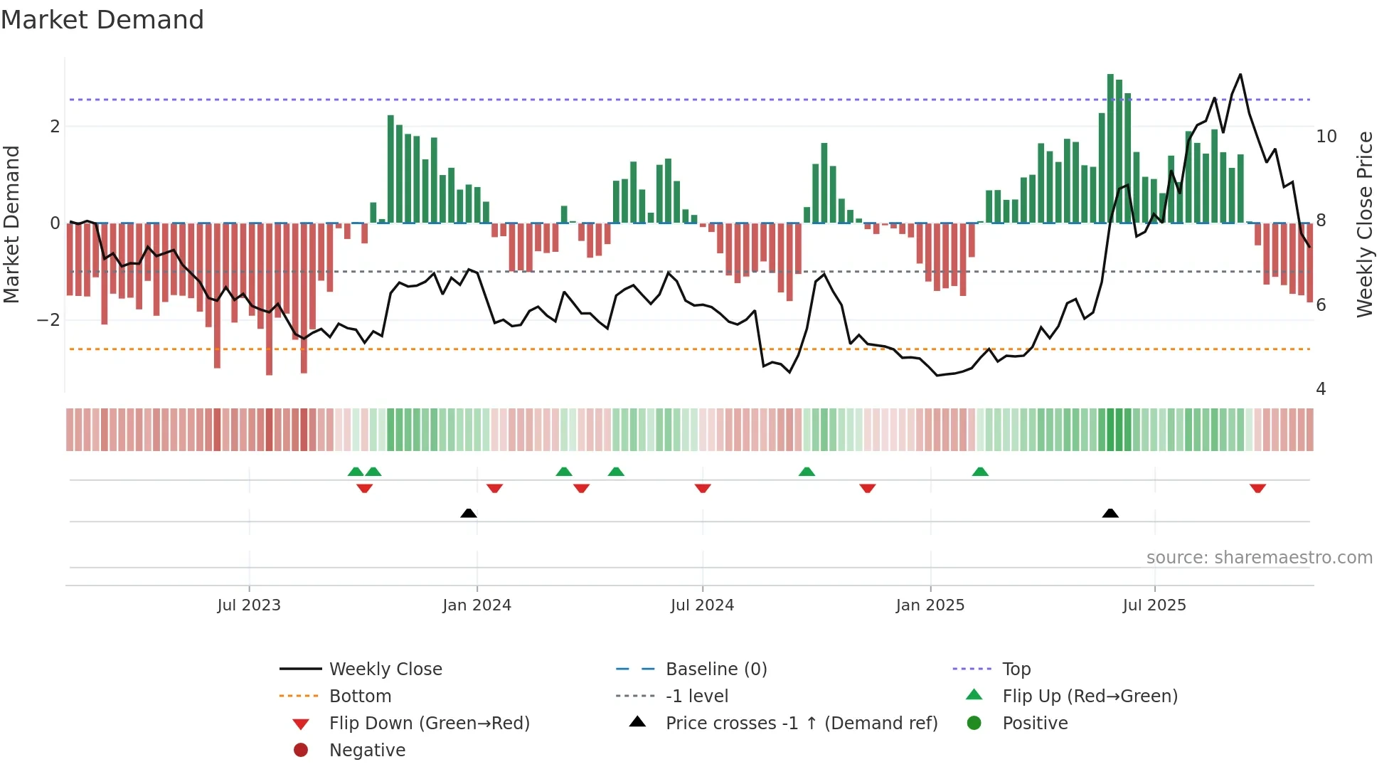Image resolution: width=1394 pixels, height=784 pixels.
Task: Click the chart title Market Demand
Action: pos(102,20)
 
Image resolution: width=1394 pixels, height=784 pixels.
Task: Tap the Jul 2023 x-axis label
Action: pos(249,605)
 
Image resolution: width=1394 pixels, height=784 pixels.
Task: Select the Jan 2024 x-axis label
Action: pos(477,605)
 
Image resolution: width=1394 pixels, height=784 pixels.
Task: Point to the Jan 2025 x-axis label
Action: pos(930,605)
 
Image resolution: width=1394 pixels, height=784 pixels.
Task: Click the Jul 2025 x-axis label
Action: pos(1154,605)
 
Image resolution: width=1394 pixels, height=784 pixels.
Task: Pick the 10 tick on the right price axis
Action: pos(1326,137)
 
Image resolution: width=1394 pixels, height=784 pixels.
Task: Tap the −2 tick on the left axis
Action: pos(48,320)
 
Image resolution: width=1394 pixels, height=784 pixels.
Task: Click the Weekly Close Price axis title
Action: pos(1364,224)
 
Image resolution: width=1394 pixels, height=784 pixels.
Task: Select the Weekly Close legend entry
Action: pos(385,669)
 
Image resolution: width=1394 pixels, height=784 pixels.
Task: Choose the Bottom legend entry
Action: pos(360,696)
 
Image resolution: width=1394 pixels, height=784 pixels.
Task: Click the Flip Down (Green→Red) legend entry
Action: pos(429,724)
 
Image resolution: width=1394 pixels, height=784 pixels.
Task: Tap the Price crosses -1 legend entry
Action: pos(801,724)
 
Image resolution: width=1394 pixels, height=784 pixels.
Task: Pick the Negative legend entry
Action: pos(367,751)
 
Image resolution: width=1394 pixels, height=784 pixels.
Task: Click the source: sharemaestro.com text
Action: pos(1259,558)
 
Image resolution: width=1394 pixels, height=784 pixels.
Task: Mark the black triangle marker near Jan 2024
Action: pos(469,513)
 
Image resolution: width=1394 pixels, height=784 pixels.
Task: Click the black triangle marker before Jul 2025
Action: pos(1110,513)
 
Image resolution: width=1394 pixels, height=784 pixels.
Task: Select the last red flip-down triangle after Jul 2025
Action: pos(1257,488)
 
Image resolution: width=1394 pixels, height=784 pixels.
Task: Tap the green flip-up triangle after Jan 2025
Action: pos(980,472)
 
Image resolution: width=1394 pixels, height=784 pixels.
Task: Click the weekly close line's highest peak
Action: pos(1240,75)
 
